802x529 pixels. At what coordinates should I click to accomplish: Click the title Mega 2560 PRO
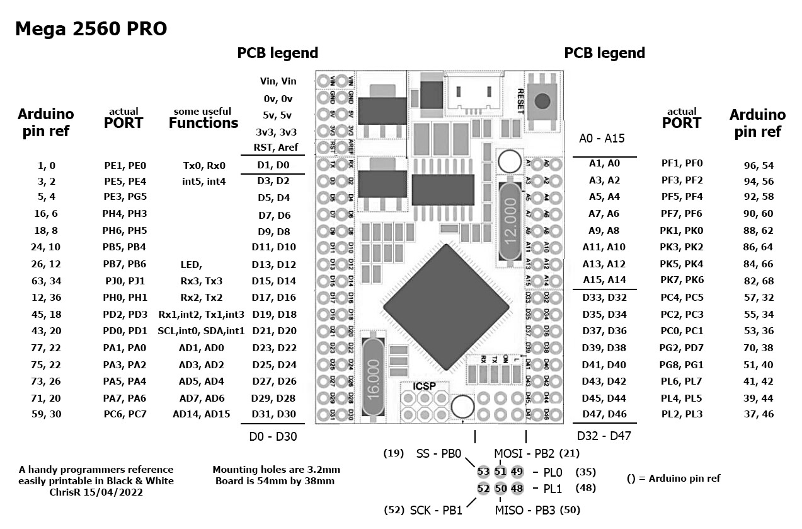click(x=91, y=29)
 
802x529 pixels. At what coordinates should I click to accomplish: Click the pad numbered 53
click(x=483, y=472)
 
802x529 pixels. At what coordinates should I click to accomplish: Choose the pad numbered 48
click(x=517, y=488)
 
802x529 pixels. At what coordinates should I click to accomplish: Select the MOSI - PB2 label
click(x=528, y=453)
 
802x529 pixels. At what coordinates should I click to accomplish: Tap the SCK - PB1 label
click(x=435, y=510)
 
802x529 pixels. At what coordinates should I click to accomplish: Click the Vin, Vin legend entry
click(x=278, y=81)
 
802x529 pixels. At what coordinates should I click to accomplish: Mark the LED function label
click(x=191, y=264)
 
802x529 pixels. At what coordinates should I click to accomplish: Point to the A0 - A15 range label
click(x=602, y=138)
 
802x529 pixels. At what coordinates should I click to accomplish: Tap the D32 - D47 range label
click(x=604, y=436)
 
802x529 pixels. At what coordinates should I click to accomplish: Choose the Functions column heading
click(x=203, y=123)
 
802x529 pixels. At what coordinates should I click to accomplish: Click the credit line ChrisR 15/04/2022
click(x=96, y=492)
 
